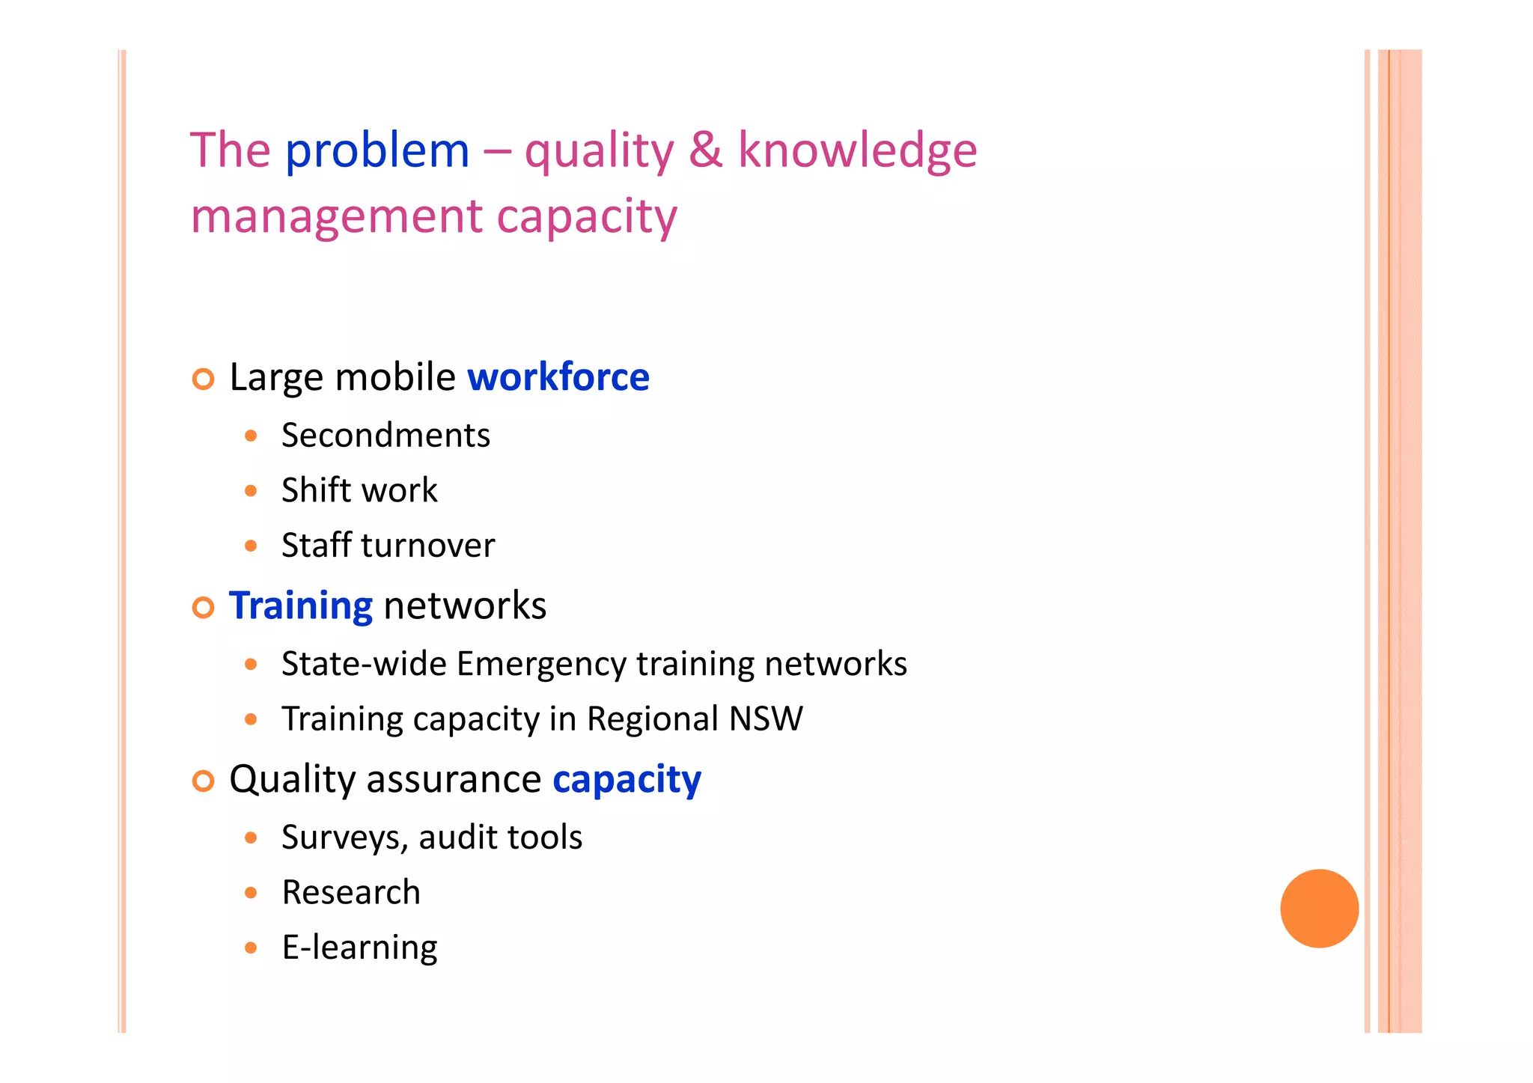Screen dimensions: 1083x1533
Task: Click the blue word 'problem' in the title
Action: point(377,152)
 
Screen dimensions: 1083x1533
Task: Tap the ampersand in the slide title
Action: point(705,149)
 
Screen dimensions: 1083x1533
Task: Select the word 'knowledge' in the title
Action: point(857,150)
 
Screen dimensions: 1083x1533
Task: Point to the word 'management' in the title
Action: point(337,217)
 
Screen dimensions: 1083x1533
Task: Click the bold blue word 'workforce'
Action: point(558,376)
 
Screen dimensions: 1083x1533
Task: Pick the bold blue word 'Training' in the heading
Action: point(301,605)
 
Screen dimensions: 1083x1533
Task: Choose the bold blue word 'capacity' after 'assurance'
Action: point(627,780)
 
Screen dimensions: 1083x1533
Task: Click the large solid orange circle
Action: point(1319,908)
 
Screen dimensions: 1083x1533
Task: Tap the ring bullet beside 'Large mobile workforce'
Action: point(203,379)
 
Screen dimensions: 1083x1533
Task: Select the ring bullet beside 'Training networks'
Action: point(203,607)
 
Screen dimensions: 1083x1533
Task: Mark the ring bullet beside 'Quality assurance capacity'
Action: point(203,781)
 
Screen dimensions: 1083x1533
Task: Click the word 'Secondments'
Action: point(385,436)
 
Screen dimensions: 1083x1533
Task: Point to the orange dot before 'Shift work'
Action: point(251,491)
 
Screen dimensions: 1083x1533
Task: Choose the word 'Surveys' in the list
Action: point(344,838)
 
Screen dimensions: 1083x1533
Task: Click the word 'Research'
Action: point(351,892)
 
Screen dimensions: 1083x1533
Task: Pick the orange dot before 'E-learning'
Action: point(251,948)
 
